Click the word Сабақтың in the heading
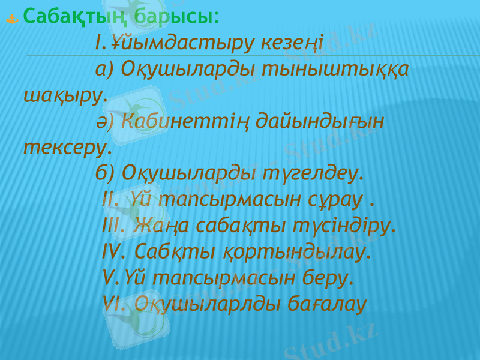pos(76,16)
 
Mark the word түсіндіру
pos(344,225)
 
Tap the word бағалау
pos(326,304)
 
